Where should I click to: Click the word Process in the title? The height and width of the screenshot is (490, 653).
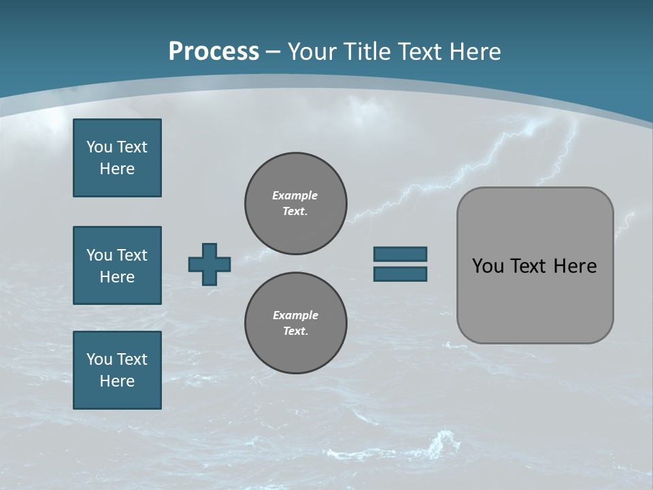click(x=214, y=51)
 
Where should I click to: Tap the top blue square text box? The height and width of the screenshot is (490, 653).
click(x=117, y=158)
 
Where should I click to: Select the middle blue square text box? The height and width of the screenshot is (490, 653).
click(x=117, y=265)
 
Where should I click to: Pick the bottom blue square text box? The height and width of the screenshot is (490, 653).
click(x=117, y=370)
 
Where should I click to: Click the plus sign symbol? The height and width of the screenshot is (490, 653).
click(x=210, y=264)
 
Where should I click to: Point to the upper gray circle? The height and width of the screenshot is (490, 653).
click(x=296, y=203)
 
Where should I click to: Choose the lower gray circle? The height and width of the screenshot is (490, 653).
click(x=296, y=323)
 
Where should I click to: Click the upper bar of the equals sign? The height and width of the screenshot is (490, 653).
click(x=401, y=254)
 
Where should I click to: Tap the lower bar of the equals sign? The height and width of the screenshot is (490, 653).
click(x=401, y=274)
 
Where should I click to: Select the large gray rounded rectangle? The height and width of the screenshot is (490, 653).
click(x=535, y=265)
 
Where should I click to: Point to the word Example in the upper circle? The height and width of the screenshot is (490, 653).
click(x=295, y=195)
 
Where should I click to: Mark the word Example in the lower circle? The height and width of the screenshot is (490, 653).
click(x=295, y=315)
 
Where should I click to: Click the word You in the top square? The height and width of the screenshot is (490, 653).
click(x=99, y=147)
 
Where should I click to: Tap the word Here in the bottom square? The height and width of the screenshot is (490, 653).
click(x=117, y=381)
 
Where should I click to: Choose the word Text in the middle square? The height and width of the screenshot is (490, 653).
click(x=131, y=255)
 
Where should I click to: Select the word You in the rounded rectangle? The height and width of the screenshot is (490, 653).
click(x=487, y=266)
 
